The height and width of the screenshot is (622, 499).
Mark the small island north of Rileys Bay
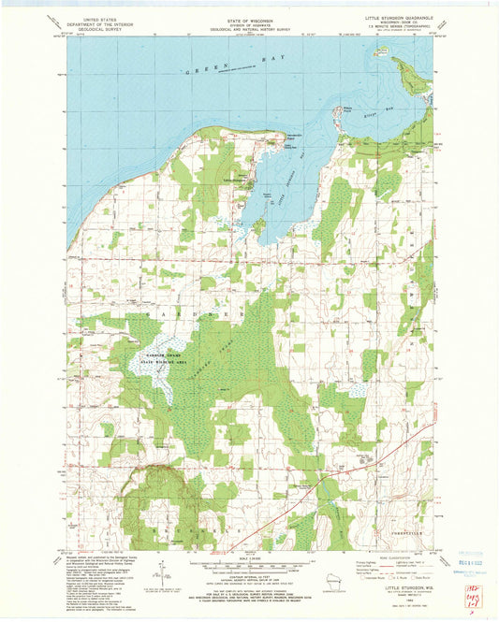coord(381,54)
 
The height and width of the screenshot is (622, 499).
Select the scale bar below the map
coord(248,565)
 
